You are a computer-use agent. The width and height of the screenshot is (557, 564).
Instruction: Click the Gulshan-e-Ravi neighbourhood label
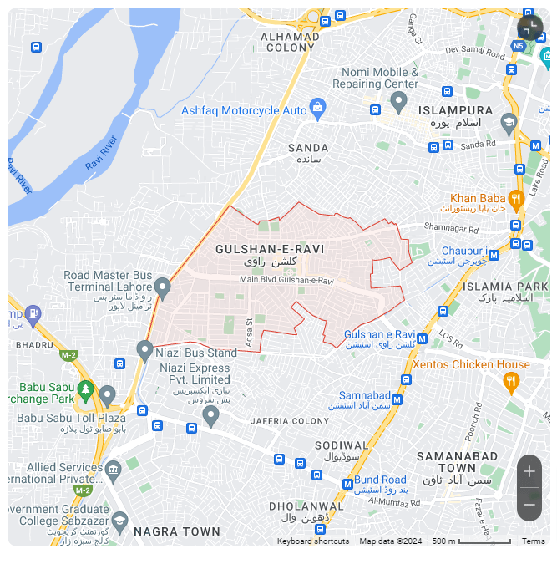[270, 250]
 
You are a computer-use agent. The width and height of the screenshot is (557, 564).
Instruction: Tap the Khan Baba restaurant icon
[515, 199]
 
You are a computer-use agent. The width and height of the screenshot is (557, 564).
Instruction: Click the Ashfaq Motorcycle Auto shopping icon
[317, 108]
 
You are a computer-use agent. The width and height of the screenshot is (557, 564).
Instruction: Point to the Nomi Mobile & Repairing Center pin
[398, 102]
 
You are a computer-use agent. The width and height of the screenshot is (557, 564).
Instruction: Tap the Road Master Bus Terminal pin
[163, 287]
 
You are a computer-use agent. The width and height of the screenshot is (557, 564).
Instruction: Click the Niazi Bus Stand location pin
[144, 351]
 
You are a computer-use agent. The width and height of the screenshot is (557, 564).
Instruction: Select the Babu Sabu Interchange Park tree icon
[85, 389]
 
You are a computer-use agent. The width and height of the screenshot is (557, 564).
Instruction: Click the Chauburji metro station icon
[494, 255]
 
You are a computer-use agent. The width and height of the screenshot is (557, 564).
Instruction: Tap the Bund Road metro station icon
[347, 484]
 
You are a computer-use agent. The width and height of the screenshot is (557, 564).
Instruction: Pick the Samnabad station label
[364, 395]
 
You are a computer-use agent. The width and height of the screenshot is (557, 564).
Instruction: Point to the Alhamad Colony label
[290, 42]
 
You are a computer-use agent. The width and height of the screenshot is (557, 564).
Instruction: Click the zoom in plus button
[529, 471]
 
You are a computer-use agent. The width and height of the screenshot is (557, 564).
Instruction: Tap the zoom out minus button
[529, 504]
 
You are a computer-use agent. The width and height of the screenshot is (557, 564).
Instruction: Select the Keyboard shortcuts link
[313, 541]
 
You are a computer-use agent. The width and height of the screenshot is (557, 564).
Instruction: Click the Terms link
[534, 541]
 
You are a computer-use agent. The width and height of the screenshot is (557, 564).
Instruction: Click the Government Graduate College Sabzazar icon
[119, 521]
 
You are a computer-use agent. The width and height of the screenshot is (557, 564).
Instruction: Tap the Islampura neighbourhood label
[455, 110]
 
